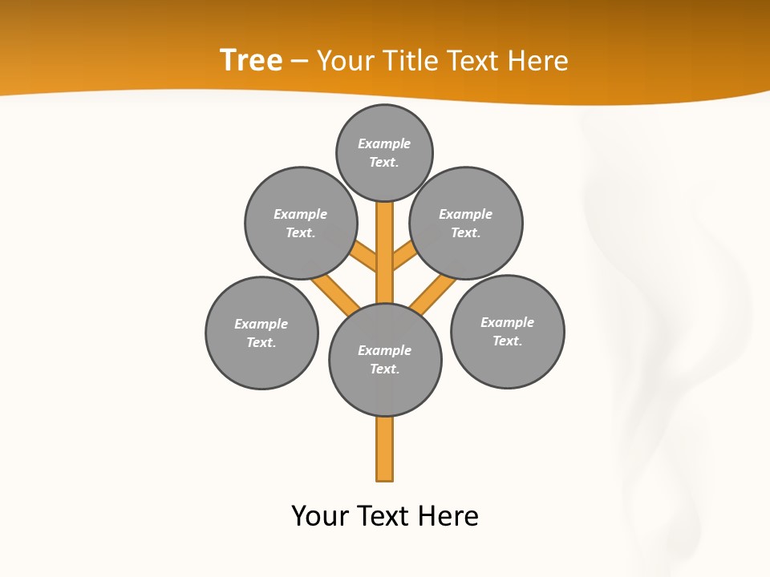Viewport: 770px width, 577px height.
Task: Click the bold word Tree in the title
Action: (x=251, y=60)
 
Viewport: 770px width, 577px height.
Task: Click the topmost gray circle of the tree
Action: (x=384, y=152)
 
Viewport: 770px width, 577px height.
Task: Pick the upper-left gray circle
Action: (x=301, y=223)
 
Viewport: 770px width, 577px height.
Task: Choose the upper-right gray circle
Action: (x=466, y=223)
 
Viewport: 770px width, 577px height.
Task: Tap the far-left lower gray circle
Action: (x=261, y=333)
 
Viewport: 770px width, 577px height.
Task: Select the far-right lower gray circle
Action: (x=508, y=332)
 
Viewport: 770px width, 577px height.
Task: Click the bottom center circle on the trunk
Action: (x=385, y=360)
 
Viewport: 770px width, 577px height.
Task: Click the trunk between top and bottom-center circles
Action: (x=385, y=252)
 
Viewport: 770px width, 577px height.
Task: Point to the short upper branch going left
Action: (x=364, y=256)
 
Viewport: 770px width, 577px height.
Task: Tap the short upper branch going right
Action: (x=403, y=256)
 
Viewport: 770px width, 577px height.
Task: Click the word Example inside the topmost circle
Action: (x=384, y=143)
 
